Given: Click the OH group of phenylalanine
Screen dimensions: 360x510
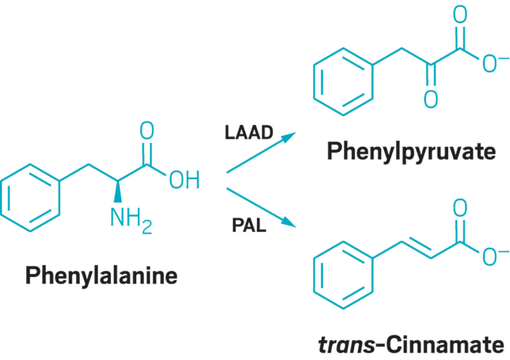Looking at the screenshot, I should [184, 181].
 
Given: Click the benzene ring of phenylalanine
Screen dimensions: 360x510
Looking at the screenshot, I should [30, 198].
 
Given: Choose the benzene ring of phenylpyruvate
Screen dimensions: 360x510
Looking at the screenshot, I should [343, 82].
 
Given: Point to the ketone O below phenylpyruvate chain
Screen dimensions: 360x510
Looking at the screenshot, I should [430, 100].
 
